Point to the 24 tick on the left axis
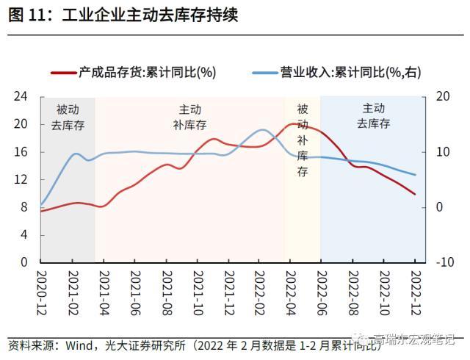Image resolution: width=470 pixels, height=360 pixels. click(21, 96)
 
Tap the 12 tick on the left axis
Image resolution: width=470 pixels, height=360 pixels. click(21, 179)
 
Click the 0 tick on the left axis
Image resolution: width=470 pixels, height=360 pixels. click(24, 262)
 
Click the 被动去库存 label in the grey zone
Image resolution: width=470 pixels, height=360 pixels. click(68, 117)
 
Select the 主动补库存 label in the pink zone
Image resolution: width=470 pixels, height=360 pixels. click(190, 117)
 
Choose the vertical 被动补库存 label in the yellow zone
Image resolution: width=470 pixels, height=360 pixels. click(303, 140)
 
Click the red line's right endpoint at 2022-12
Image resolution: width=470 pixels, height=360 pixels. click(415, 194)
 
